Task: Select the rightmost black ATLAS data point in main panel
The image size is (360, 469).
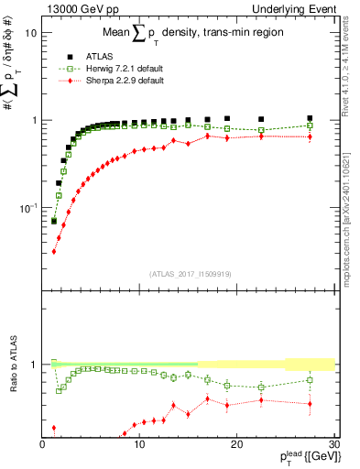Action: coord(310,118)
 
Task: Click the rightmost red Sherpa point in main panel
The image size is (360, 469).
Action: coord(310,136)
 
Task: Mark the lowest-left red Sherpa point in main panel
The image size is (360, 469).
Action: coord(54,251)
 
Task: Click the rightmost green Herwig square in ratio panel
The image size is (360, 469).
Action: coord(310,379)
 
